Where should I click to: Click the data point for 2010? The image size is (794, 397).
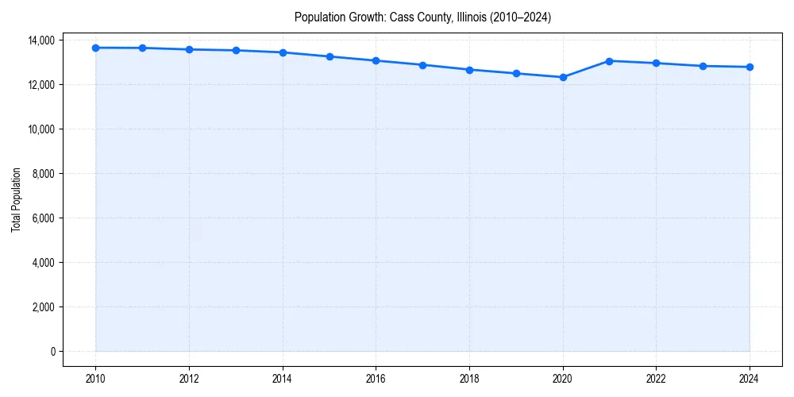pyautogui.click(x=95, y=48)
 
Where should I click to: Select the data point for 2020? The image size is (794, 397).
pyautogui.click(x=563, y=77)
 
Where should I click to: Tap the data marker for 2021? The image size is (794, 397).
pyautogui.click(x=610, y=60)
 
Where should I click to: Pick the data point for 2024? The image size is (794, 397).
pyautogui.click(x=750, y=67)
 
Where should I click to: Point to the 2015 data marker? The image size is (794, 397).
pyautogui.click(x=330, y=56)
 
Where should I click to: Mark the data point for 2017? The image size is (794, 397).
pyautogui.click(x=422, y=65)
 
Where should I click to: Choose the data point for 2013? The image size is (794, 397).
pyautogui.click(x=236, y=50)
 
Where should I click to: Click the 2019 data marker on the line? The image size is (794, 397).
pyautogui.click(x=516, y=73)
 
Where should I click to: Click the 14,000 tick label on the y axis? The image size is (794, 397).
pyautogui.click(x=40, y=40)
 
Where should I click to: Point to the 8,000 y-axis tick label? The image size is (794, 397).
pyautogui.click(x=42, y=173)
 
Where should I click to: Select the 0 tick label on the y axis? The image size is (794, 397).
pyautogui.click(x=52, y=351)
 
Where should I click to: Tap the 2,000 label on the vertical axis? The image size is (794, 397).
pyautogui.click(x=42, y=306)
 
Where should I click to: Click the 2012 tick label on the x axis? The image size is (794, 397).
pyautogui.click(x=189, y=379)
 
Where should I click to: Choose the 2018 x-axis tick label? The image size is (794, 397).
pyautogui.click(x=469, y=379)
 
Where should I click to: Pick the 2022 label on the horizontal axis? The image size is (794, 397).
pyautogui.click(x=656, y=379)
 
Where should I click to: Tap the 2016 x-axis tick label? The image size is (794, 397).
pyautogui.click(x=376, y=379)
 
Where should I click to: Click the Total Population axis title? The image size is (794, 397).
pyautogui.click(x=16, y=199)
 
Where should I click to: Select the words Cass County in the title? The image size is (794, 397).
pyautogui.click(x=419, y=17)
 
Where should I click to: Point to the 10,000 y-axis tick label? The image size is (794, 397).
pyautogui.click(x=40, y=129)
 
